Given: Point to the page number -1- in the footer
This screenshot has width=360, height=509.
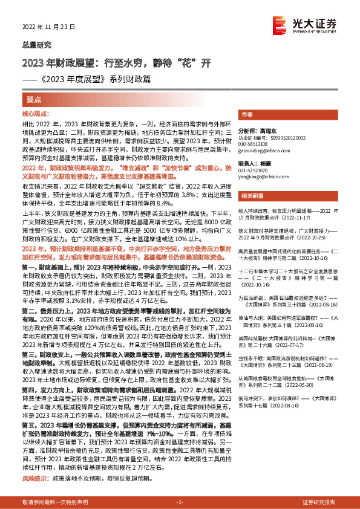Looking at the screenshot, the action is tap(179, 503).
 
